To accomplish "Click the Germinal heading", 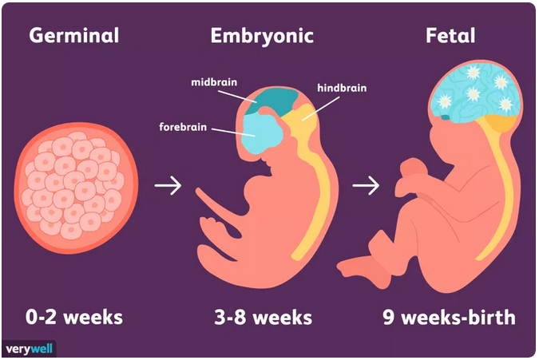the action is [74, 36].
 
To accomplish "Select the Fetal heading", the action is [450, 35].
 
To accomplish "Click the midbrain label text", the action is [214, 82].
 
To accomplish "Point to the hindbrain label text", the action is [342, 89].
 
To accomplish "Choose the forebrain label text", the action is [183, 127].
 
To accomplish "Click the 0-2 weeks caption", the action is [74, 317].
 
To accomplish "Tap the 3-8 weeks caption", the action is [263, 317].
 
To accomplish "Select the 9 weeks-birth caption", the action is [449, 317].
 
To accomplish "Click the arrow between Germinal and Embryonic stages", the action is [168, 185].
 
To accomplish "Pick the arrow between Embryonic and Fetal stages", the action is [366, 185].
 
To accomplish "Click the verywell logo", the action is [29, 350].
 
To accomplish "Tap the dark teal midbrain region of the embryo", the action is [275, 101].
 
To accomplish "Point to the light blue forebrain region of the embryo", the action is [262, 133].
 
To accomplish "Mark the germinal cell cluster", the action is [77, 188].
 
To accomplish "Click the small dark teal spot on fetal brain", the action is [445, 117].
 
